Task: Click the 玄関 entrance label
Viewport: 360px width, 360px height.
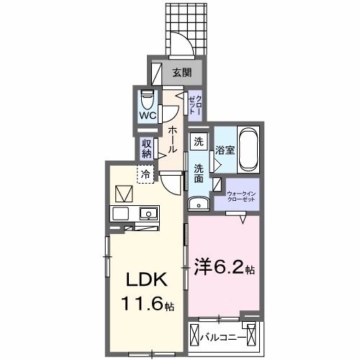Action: [181, 72]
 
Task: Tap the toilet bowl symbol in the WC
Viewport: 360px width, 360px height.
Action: [148, 97]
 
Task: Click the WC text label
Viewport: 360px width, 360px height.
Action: [148, 115]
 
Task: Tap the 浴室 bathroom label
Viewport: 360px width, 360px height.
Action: [225, 150]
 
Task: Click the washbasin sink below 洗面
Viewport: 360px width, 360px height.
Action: [199, 204]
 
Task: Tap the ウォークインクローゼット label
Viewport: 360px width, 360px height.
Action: [241, 197]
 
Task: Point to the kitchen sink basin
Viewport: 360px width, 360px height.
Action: [149, 213]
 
